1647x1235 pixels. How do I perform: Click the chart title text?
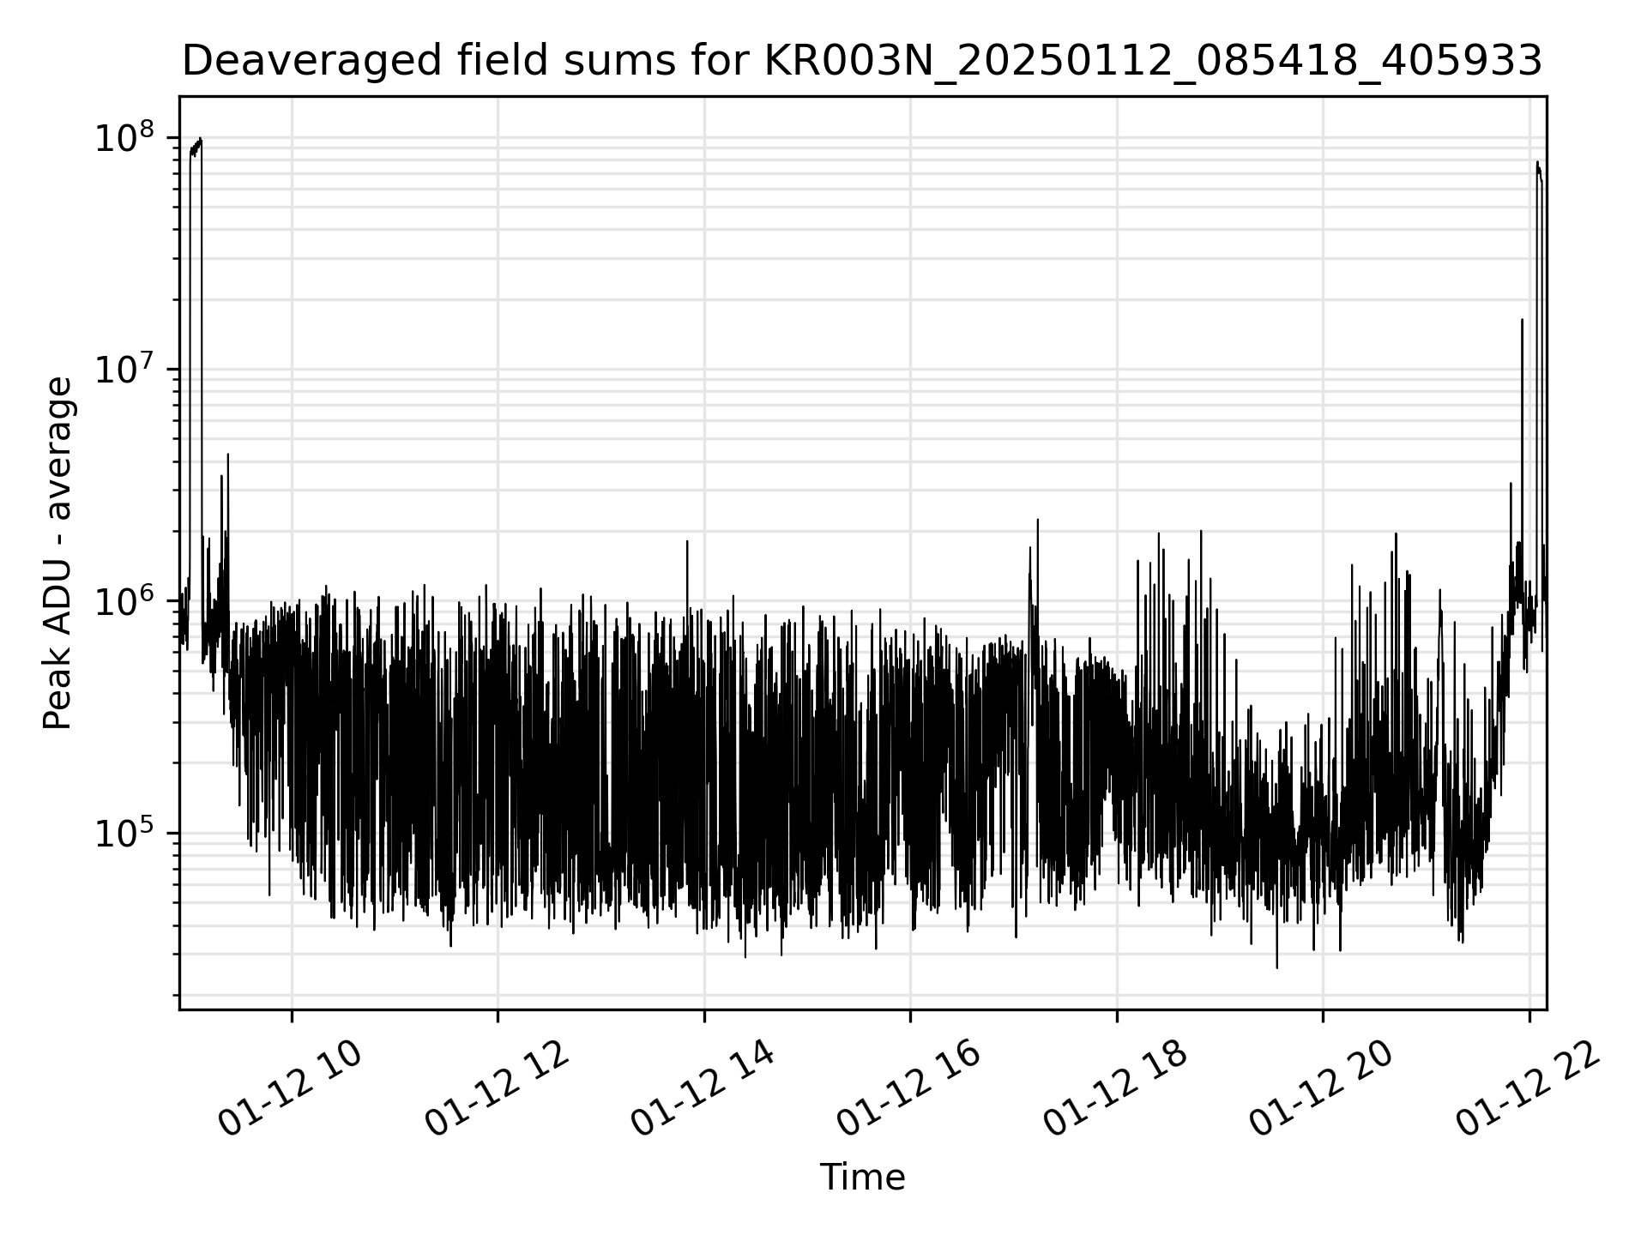tap(862, 61)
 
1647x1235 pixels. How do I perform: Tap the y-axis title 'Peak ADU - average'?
tap(58, 554)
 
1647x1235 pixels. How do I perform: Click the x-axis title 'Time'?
tap(862, 1178)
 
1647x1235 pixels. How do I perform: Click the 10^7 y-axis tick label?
tap(124, 370)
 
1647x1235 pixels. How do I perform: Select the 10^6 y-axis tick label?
tap(124, 601)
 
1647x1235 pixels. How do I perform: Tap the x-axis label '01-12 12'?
tap(498, 1089)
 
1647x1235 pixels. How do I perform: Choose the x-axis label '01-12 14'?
tap(703, 1089)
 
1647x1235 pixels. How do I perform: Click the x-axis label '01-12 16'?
tap(909, 1089)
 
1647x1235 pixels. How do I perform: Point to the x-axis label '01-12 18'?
tap(1115, 1089)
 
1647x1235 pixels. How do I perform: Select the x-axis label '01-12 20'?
tap(1321, 1089)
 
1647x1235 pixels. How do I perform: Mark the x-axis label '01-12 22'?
tap(1529, 1089)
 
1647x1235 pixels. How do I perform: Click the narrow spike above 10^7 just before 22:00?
tap(1522, 321)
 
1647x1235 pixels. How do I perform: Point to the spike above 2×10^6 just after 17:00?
tap(1038, 521)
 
